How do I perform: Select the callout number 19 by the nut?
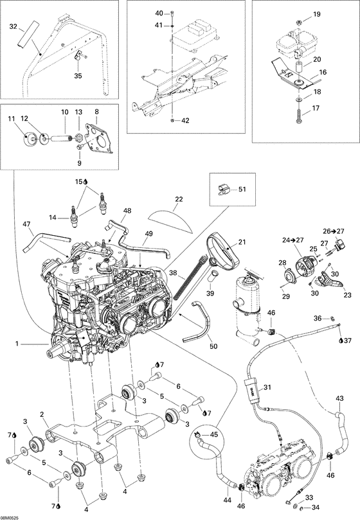click(x=316, y=14)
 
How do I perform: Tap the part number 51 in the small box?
click(x=242, y=189)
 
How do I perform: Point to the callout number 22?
click(x=178, y=199)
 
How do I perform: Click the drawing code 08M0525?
click(x=11, y=517)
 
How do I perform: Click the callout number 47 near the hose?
click(x=26, y=224)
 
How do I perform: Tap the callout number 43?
click(x=339, y=398)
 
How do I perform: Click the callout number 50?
click(x=213, y=346)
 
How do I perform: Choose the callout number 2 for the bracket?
click(x=42, y=414)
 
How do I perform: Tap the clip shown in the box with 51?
click(x=223, y=189)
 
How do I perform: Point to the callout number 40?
click(x=160, y=13)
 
